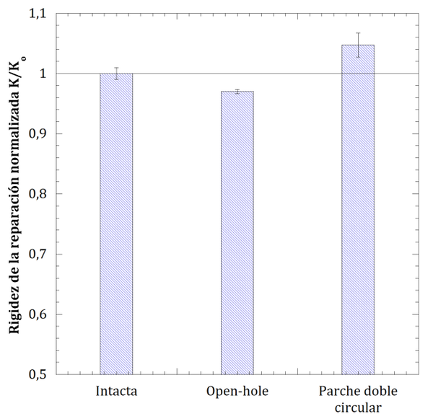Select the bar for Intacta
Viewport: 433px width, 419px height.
tap(116, 224)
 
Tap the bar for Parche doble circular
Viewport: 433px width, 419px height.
tap(357, 209)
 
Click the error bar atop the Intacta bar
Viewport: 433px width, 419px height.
tap(116, 73)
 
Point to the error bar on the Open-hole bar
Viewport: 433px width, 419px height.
tap(237, 92)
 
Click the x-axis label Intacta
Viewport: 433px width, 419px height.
tap(116, 392)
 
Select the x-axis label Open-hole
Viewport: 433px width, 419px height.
tap(237, 392)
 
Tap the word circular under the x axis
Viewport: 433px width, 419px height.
tap(357, 408)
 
